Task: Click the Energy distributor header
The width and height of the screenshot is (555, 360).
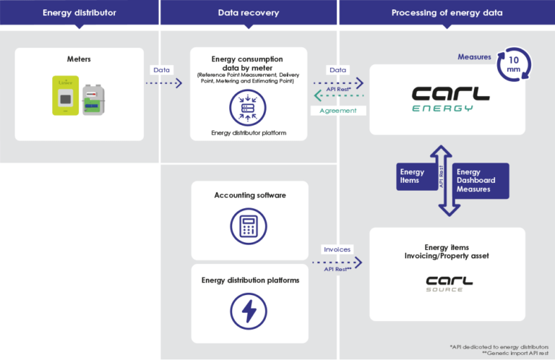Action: coord(79,13)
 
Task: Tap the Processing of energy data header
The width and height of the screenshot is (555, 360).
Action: coord(447,13)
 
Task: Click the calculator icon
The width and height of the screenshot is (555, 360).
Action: coord(249,226)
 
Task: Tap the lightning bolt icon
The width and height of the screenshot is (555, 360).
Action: coord(249,310)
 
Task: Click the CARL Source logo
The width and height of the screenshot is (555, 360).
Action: coord(447,283)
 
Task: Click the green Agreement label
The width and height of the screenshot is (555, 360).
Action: coord(337,111)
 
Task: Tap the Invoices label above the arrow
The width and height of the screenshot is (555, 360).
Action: coord(337,249)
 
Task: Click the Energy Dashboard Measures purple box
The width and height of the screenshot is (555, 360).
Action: coord(479,181)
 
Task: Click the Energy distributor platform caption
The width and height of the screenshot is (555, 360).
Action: coord(249,133)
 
